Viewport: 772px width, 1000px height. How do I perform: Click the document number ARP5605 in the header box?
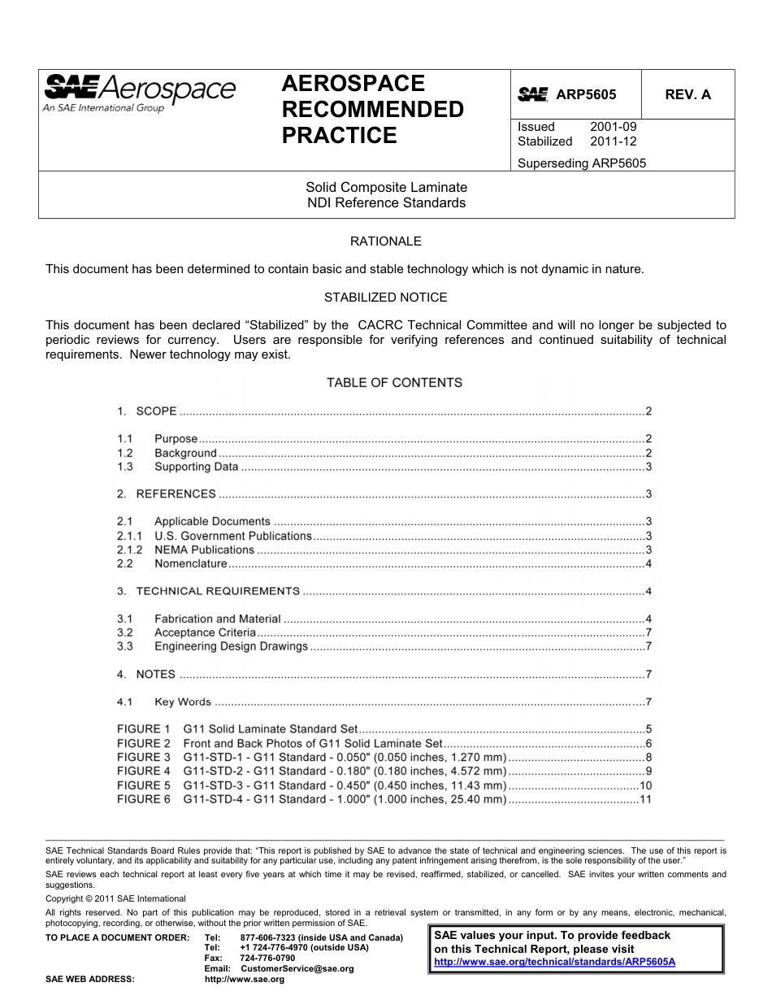586,94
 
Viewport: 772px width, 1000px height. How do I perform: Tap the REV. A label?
687,94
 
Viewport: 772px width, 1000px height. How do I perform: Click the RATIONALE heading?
385,241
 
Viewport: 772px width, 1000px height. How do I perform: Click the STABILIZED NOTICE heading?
385,298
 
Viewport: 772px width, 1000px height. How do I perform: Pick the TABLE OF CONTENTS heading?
394,383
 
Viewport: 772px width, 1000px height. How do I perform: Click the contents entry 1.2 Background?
185,453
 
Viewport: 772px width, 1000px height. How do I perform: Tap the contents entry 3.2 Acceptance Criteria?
205,633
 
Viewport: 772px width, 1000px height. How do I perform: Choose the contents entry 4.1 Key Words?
183,702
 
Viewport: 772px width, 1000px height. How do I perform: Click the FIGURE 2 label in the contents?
144,743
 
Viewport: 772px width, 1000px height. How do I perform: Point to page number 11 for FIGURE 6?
646,799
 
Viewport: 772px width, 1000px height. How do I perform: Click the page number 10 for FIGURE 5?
646,785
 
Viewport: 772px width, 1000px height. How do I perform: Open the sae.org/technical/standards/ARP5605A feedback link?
555,962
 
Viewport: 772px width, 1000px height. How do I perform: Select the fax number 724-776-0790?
267,959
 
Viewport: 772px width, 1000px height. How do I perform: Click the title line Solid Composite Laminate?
386,188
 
